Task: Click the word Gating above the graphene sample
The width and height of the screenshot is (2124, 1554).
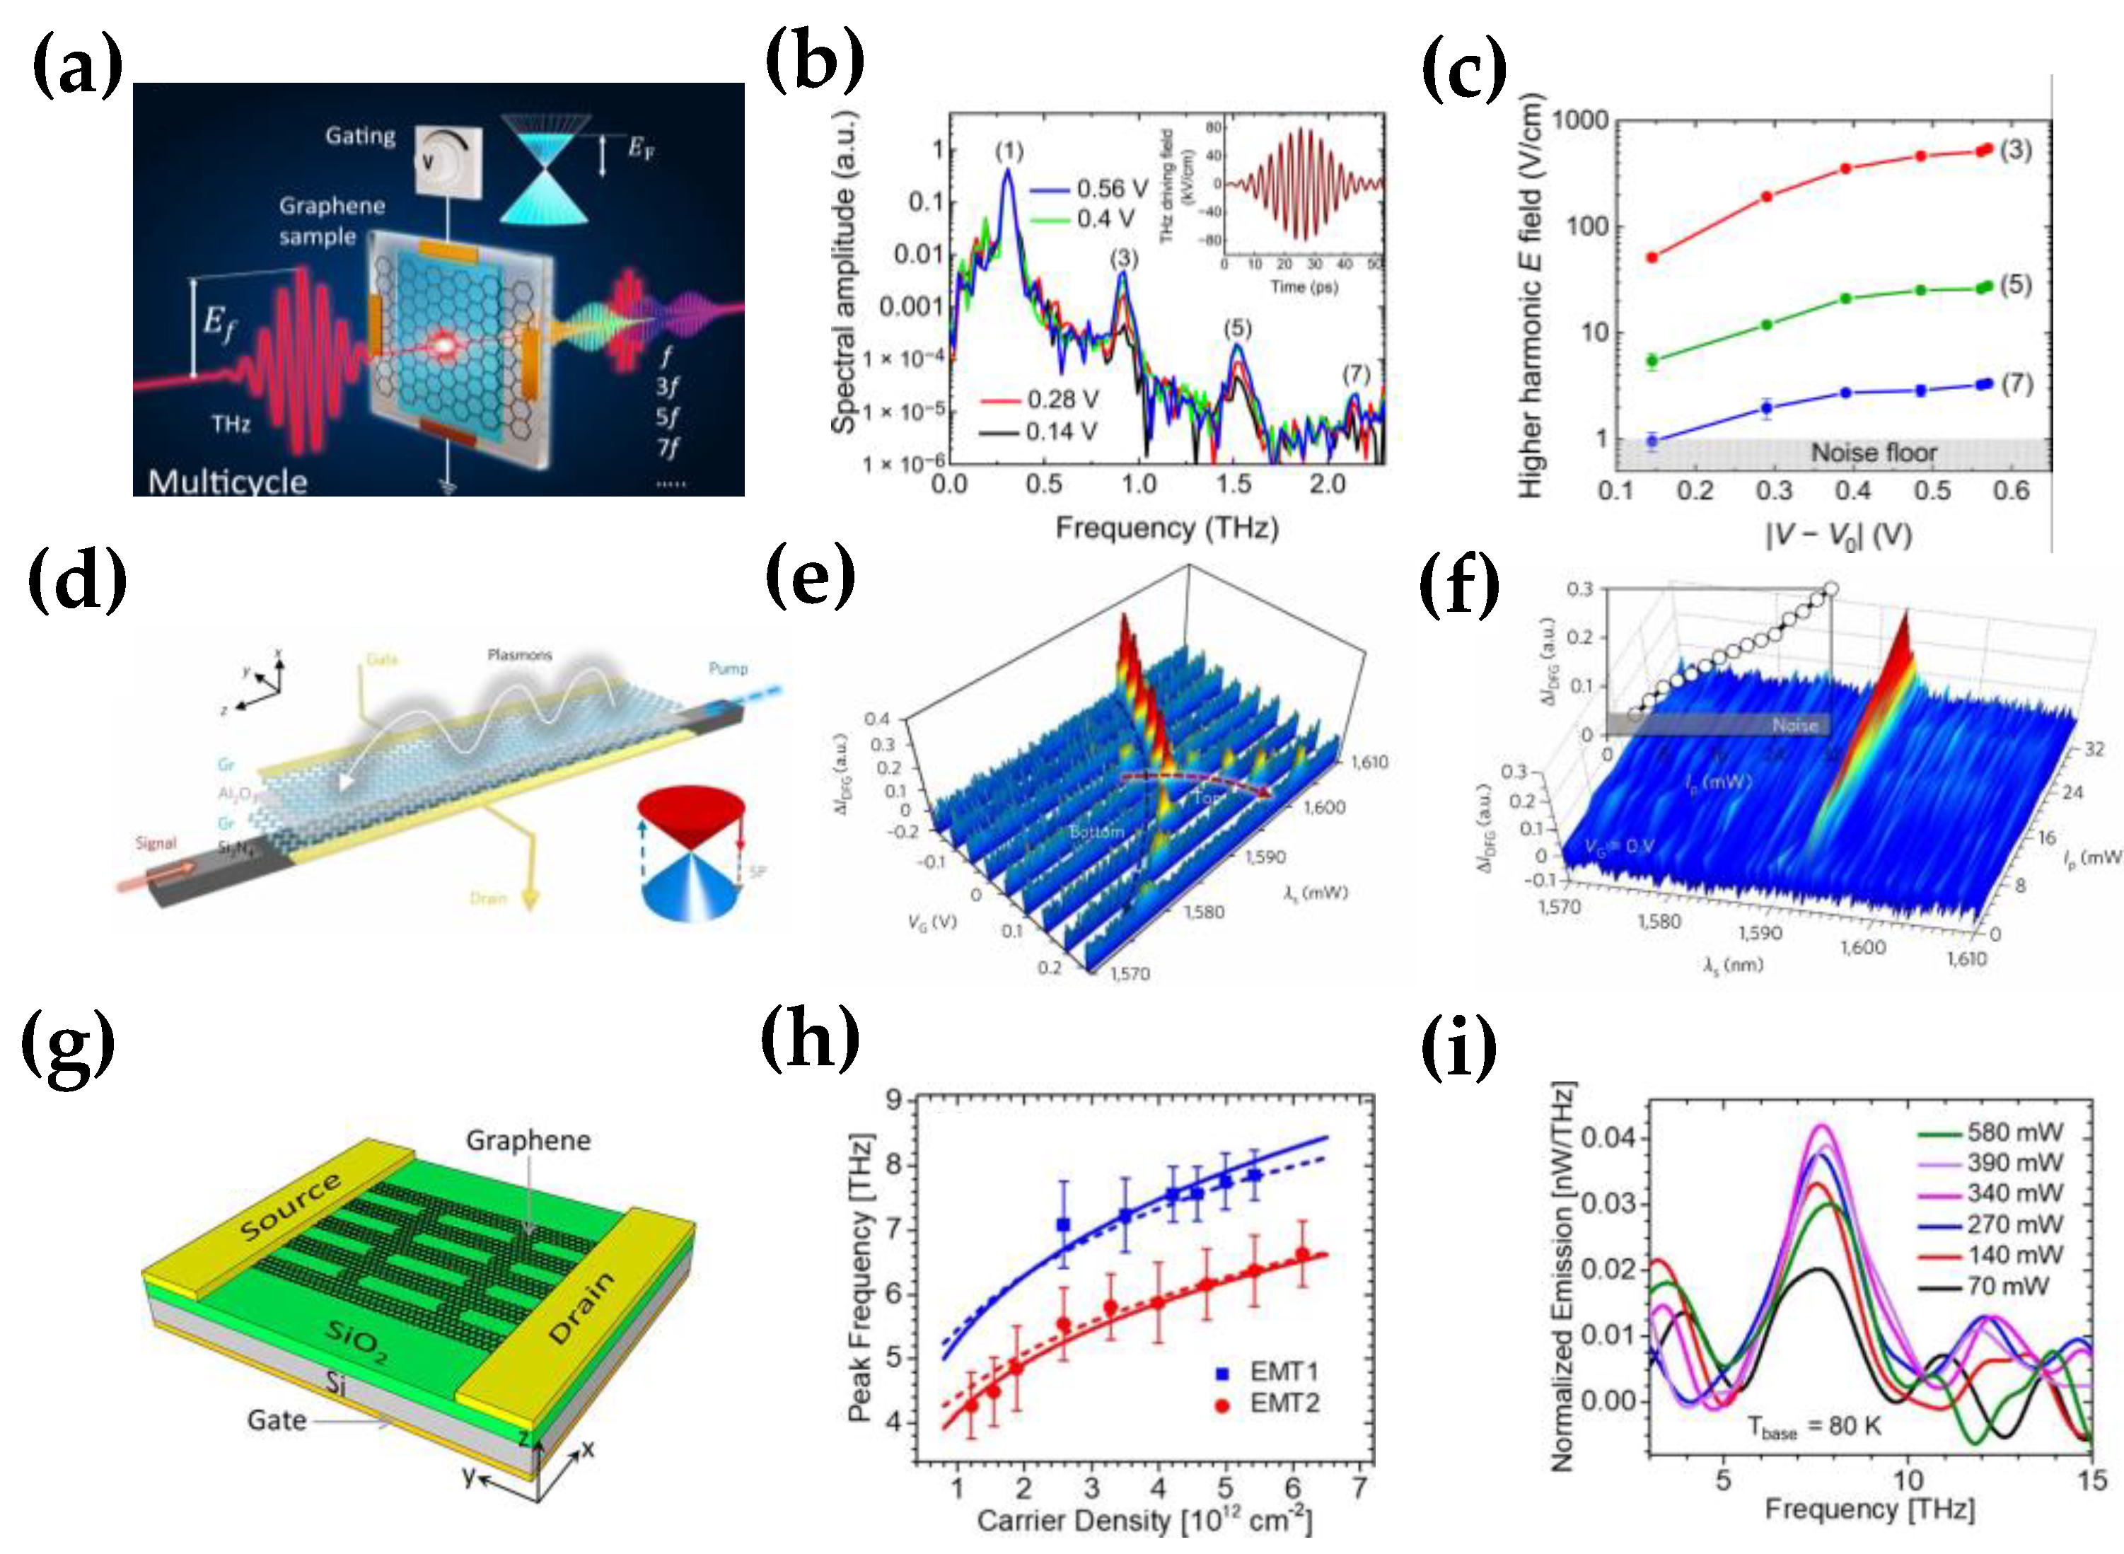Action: tap(360, 136)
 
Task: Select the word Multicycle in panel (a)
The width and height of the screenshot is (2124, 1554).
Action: tap(228, 482)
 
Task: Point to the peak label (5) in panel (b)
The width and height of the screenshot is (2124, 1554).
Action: tap(1238, 327)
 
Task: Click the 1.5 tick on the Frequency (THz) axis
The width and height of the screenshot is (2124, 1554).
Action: tap(1234, 485)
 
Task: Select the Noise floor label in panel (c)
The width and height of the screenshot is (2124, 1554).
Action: tap(1873, 453)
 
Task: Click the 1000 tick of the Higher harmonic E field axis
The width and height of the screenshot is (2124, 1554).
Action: tap(1579, 120)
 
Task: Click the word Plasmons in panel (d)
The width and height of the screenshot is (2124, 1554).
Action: tap(519, 655)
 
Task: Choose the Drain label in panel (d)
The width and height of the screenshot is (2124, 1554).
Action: tap(487, 898)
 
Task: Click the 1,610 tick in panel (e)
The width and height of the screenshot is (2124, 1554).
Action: tap(1369, 762)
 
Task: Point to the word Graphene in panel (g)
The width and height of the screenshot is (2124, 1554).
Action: tap(528, 1140)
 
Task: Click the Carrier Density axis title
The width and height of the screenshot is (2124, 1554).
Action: tap(1143, 1521)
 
